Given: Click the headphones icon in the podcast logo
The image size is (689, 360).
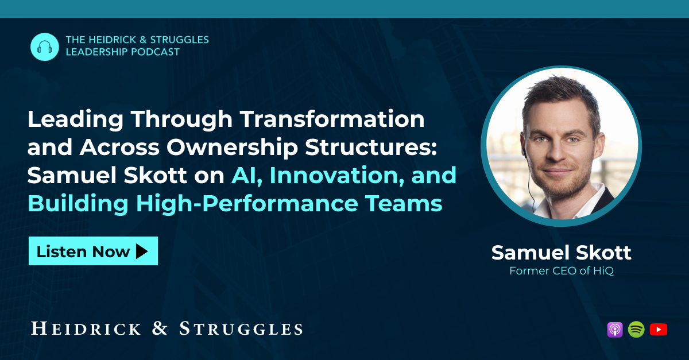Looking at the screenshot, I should click(45, 47).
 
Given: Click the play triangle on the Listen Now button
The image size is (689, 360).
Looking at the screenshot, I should click(142, 251).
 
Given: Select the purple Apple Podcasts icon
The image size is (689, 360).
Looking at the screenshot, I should click(615, 330).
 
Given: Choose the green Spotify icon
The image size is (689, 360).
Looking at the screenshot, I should click(636, 330).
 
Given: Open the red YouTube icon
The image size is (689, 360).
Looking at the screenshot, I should click(659, 330).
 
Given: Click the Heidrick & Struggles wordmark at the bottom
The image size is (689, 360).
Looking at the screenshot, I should click(167, 328).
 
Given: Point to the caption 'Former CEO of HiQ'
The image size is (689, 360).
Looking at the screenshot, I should click(562, 271).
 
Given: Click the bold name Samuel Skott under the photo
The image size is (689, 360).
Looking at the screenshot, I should click(561, 253).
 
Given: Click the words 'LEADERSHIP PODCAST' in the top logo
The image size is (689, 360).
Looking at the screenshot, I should click(123, 52).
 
